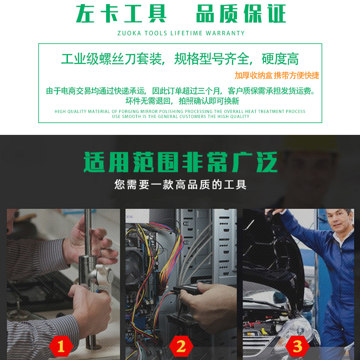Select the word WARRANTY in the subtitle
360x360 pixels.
(x=225, y=33)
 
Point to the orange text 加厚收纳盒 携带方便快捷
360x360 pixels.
(x=277, y=75)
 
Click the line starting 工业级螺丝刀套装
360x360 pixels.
(x=180, y=59)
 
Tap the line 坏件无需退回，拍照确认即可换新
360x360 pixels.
(x=182, y=101)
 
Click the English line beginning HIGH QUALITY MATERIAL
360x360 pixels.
(x=180, y=111)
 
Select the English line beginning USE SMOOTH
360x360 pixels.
(x=180, y=117)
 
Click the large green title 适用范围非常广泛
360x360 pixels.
(x=180, y=163)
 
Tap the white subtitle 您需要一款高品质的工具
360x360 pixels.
(x=180, y=185)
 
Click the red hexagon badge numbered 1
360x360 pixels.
(x=64, y=346)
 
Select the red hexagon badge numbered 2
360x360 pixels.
(x=181, y=346)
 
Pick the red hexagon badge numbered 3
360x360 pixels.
(x=297, y=346)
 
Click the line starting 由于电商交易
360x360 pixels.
(x=180, y=91)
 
